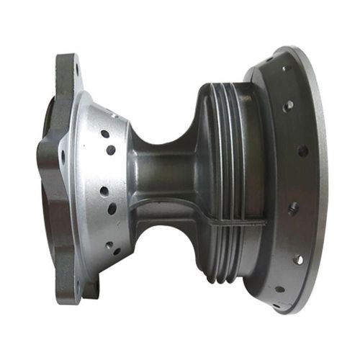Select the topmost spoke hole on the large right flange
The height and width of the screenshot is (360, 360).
pos(283,69)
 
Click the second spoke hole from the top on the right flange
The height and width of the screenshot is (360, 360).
pos(287,105)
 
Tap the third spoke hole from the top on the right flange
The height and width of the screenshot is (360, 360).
pos(302,151)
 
